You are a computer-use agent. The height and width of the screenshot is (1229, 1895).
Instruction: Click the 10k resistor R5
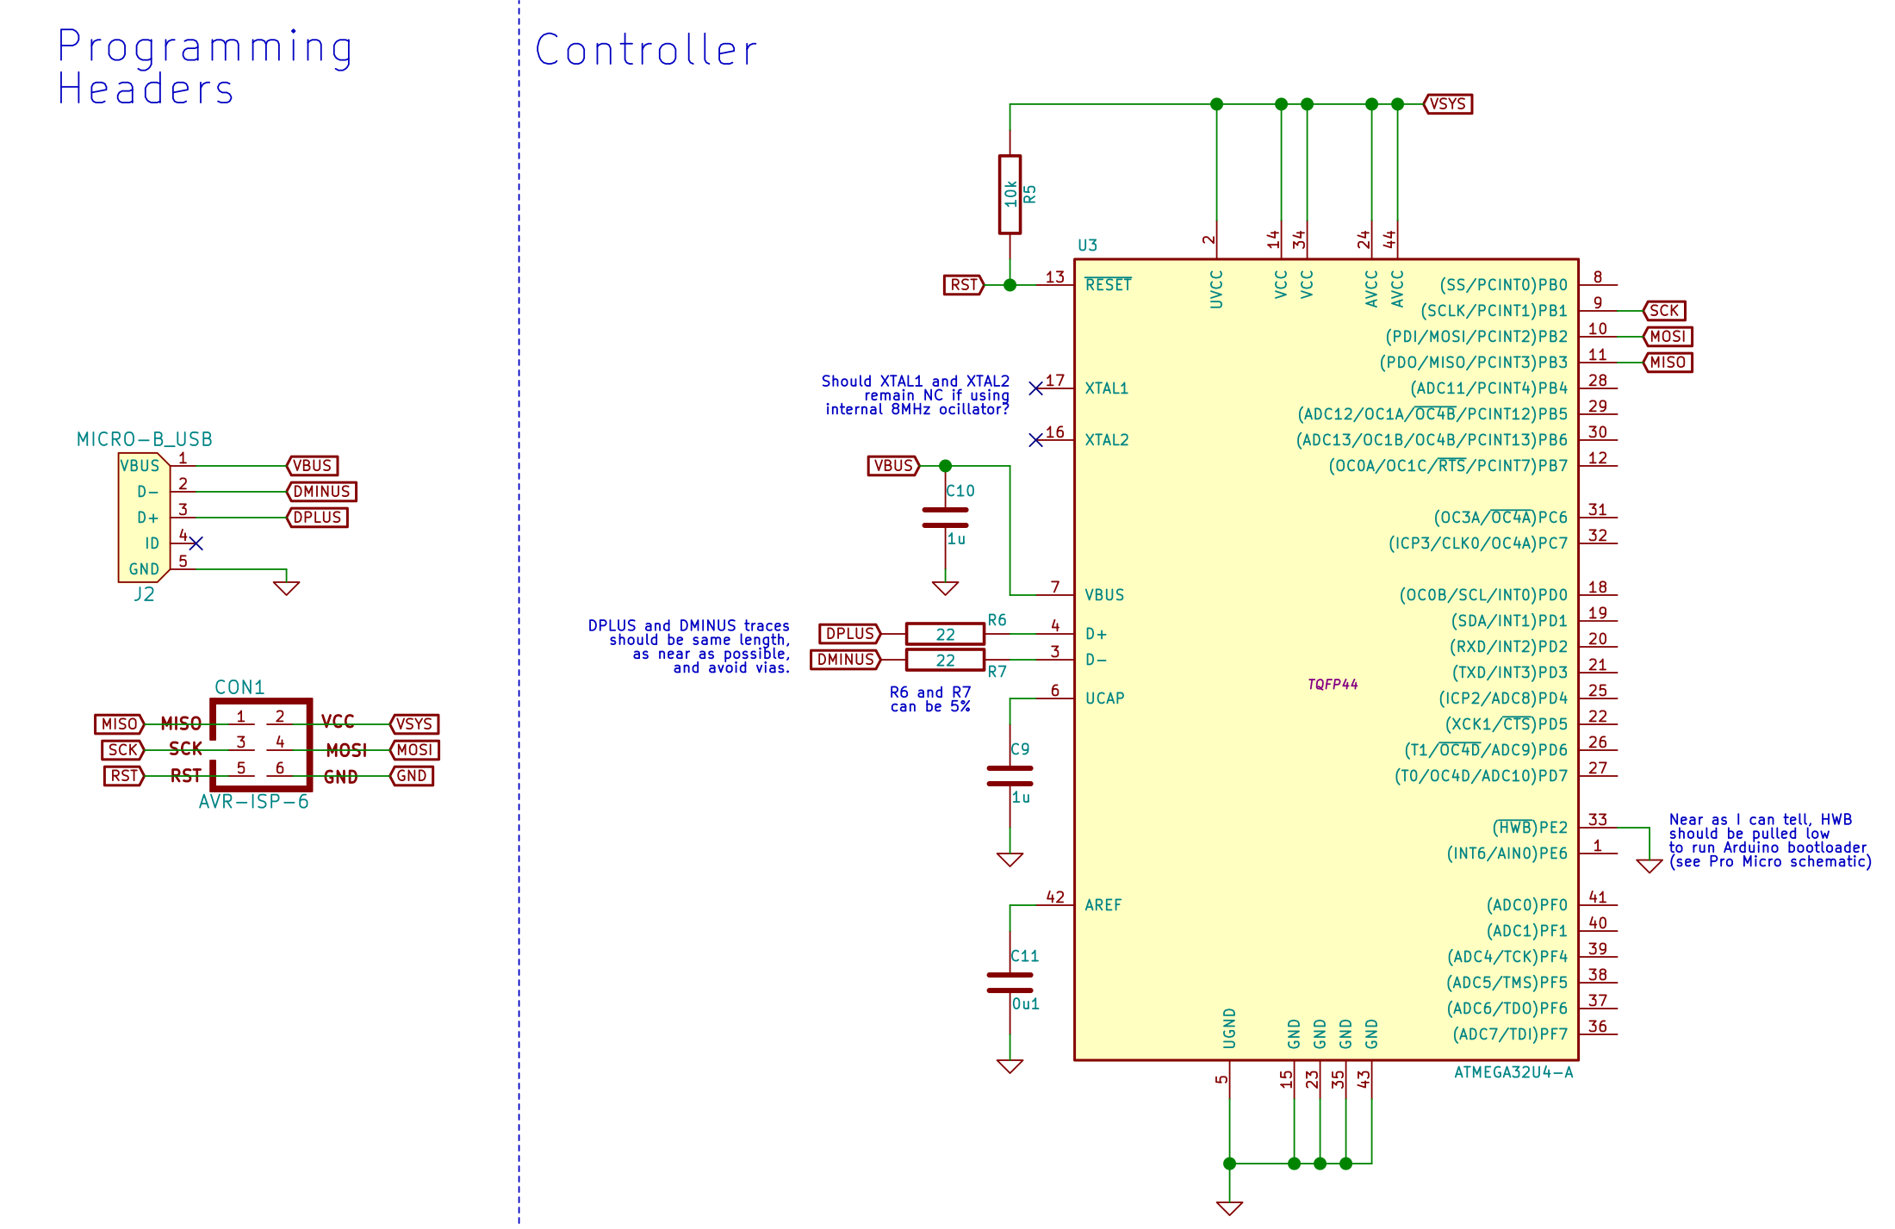(x=1010, y=195)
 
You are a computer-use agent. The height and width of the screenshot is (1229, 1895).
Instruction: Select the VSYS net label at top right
(x=1448, y=104)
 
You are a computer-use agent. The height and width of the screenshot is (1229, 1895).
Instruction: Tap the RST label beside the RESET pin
(x=964, y=285)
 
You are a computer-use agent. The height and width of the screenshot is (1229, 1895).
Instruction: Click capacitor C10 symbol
(x=945, y=518)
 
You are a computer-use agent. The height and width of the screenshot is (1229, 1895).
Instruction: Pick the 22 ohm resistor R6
(x=945, y=635)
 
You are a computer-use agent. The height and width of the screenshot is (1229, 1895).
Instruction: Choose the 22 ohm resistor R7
(x=945, y=661)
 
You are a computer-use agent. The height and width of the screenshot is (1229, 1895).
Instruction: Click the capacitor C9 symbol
(x=1010, y=776)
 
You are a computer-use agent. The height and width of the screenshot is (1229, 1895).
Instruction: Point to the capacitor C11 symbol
(x=1010, y=983)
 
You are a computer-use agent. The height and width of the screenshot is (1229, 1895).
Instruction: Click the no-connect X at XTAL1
(x=1036, y=388)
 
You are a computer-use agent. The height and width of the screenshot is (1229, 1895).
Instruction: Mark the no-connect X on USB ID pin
(x=196, y=543)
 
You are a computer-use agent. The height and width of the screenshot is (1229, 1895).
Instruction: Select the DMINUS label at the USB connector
(x=321, y=492)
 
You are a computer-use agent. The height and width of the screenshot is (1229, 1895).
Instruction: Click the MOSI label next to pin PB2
(x=1668, y=337)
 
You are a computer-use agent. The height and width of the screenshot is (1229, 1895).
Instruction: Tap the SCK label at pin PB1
(x=1664, y=311)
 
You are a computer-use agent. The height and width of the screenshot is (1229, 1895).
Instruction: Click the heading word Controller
(x=646, y=50)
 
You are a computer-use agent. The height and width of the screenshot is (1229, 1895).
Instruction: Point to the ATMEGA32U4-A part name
(x=1513, y=1072)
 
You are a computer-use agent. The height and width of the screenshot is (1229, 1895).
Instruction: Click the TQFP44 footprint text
(x=1333, y=685)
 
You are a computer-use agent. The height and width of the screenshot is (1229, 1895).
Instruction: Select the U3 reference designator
(x=1088, y=245)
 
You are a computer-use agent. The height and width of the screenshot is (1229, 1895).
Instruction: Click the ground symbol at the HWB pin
(x=1649, y=865)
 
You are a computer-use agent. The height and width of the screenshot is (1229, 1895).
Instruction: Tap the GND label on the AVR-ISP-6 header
(x=412, y=776)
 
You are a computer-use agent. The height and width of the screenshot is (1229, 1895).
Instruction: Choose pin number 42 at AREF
(x=1055, y=897)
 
